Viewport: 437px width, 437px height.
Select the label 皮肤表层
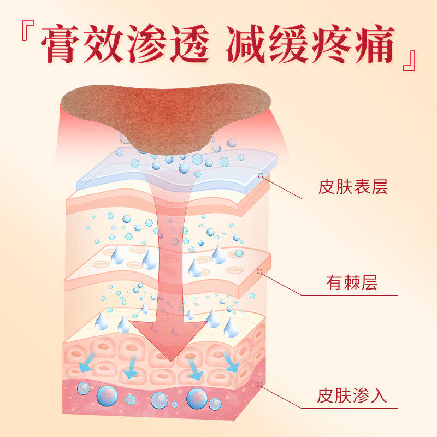pos(352,187)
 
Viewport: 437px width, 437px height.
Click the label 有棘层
pos(352,284)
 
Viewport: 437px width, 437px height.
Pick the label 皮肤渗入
pos(352,395)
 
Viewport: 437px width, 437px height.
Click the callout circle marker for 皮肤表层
pos(261,175)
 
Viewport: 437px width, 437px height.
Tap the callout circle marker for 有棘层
pos(260,271)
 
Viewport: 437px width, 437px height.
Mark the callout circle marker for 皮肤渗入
pos(260,385)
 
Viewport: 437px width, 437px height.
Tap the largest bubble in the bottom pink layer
pos(197,398)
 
